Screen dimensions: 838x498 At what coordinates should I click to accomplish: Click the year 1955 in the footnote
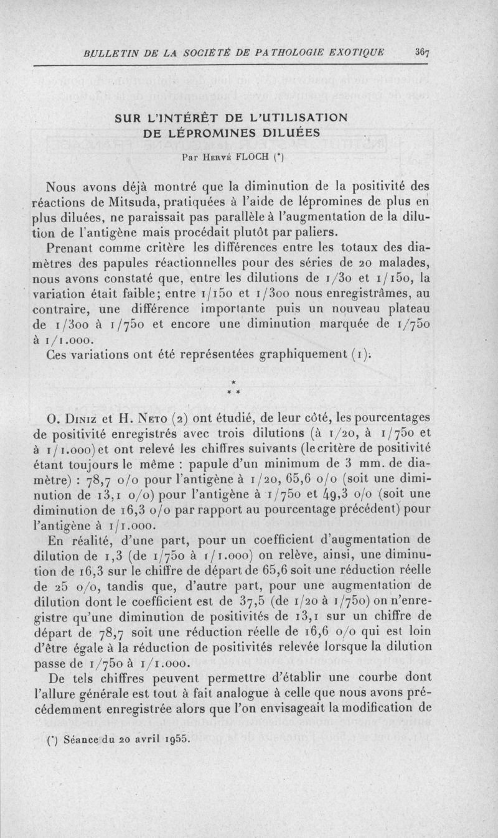[x=172, y=740]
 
